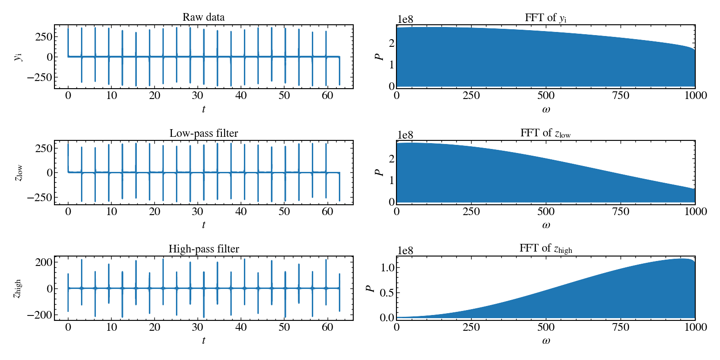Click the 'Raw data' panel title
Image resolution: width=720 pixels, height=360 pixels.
203,17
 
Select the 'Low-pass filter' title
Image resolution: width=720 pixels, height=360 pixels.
203,133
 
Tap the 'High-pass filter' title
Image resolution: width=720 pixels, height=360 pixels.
203,249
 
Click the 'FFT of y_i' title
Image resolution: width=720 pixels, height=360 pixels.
545,18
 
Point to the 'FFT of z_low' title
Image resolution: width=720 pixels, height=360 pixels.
545,133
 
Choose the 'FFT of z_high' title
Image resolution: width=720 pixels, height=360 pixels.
545,248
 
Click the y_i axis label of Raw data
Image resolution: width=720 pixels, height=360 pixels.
18,57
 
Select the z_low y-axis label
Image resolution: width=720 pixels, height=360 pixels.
18,173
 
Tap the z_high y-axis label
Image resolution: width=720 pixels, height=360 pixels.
17,288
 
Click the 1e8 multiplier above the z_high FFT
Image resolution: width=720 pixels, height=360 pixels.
405,251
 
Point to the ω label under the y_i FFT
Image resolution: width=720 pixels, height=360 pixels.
546,109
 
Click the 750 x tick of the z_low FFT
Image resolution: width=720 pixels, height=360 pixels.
621,211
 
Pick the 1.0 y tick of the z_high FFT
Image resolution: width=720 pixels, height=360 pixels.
387,268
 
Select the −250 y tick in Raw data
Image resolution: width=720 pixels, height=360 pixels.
40,77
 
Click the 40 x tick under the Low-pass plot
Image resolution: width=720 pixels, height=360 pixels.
241,211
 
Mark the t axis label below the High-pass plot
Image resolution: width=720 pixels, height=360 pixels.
203,341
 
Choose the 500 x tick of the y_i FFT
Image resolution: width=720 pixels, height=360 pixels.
546,95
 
